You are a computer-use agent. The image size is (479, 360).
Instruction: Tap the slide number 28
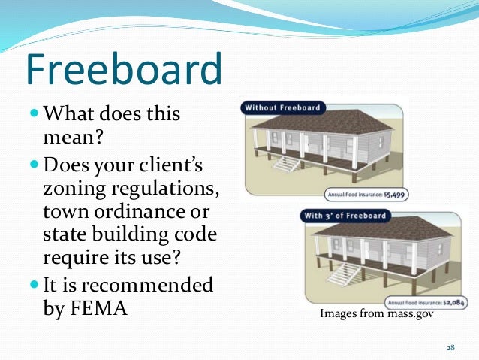(451, 348)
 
